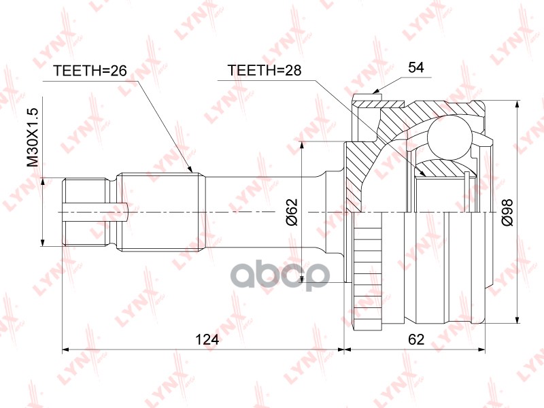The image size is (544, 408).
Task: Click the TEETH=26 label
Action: point(90,71)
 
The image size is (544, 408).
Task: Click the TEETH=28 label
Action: point(265,70)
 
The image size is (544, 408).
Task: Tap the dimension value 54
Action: point(416,67)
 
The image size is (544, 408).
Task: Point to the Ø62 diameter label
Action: point(292,212)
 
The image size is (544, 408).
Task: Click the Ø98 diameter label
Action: point(507,213)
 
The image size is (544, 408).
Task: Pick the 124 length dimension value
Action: point(207,339)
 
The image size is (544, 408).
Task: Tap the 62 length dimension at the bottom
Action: point(416,339)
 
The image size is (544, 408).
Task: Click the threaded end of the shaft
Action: point(84,212)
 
